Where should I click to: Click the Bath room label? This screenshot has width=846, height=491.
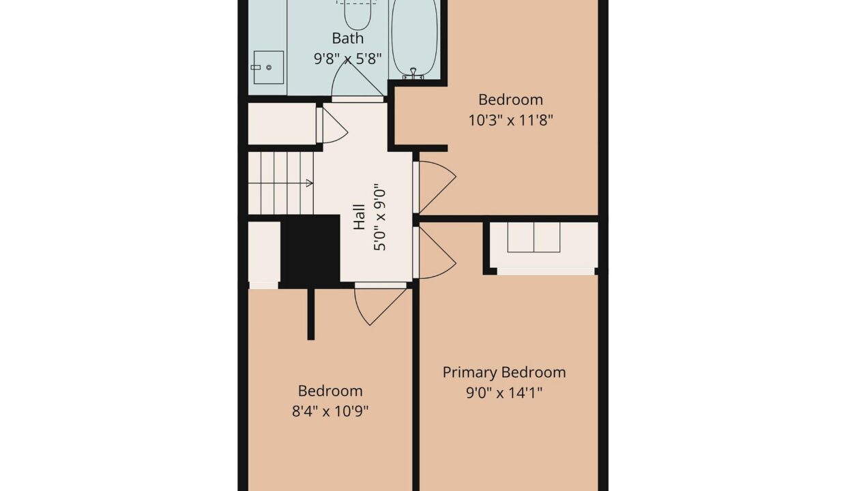click(347, 38)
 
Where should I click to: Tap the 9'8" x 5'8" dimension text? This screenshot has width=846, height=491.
click(348, 59)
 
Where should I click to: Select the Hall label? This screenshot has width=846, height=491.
click(359, 217)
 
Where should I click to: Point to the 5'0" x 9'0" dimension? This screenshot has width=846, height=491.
click(379, 217)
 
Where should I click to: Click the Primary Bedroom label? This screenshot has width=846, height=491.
click(504, 372)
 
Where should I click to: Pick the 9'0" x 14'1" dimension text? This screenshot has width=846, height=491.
click(504, 393)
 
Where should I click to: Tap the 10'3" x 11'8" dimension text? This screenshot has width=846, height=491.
click(510, 121)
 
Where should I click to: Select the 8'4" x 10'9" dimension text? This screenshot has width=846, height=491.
click(330, 411)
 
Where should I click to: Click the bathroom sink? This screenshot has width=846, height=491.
click(269, 68)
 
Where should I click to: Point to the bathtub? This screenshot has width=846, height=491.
click(414, 40)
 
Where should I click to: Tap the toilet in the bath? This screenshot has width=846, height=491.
click(358, 14)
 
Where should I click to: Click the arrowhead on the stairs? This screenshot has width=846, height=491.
click(309, 183)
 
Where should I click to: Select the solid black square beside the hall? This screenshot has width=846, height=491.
click(310, 251)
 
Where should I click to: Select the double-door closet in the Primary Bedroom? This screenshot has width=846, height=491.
click(534, 237)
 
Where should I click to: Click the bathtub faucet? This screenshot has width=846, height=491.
click(413, 73)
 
